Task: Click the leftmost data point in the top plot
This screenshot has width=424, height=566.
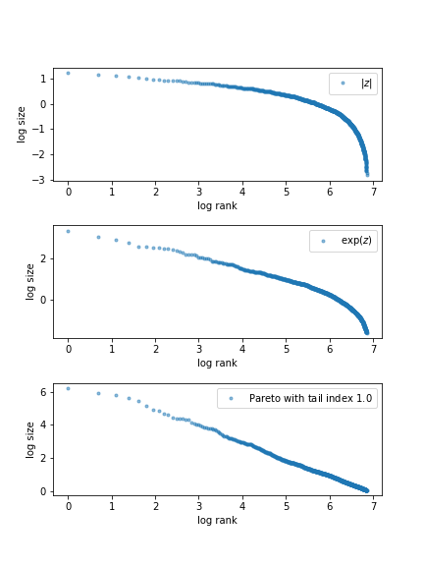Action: click(68, 73)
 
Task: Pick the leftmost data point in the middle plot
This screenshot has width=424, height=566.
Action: click(68, 232)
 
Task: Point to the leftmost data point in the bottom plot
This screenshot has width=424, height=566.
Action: click(68, 388)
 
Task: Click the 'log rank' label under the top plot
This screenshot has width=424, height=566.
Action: click(217, 205)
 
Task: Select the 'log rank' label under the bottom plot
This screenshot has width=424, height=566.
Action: click(217, 520)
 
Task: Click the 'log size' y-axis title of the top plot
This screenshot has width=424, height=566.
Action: click(22, 124)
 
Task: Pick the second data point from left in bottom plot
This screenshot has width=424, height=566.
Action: click(98, 393)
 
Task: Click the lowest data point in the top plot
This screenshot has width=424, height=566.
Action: click(368, 175)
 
